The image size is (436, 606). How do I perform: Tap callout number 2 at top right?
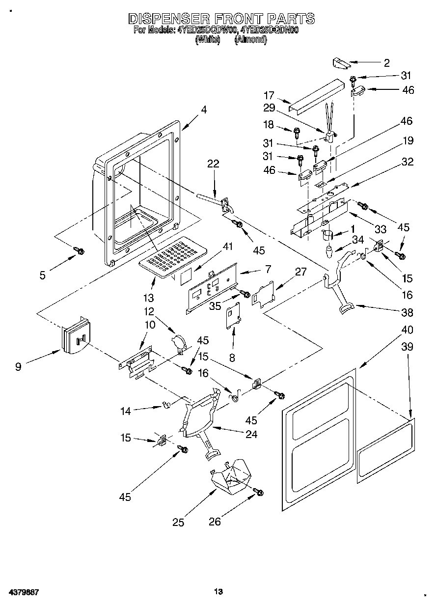point(386,62)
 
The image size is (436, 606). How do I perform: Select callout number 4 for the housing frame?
point(203,110)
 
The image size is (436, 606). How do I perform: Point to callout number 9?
point(18,366)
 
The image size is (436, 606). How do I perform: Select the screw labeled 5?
point(79,251)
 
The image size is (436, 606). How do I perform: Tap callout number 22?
point(213,164)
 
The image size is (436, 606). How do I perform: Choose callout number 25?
point(178,523)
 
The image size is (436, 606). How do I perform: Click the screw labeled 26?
point(258,492)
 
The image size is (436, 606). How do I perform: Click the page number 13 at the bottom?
point(218,591)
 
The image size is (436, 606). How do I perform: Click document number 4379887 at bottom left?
point(24,592)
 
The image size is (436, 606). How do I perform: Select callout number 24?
point(251,434)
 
